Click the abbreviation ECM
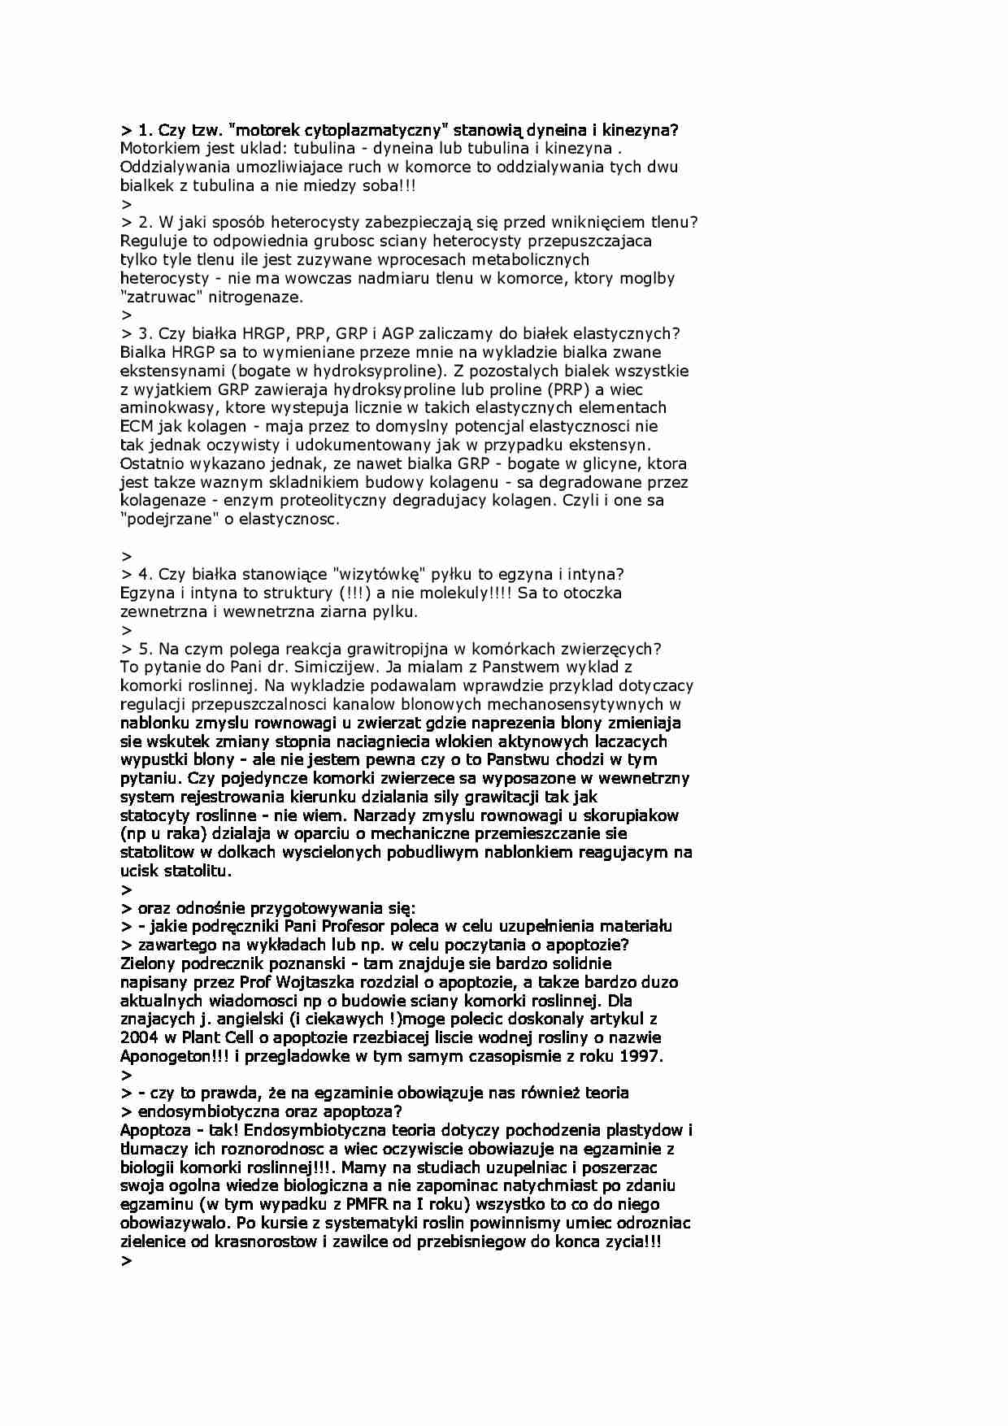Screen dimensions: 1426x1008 tap(137, 426)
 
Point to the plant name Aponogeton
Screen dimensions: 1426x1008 tap(167, 1056)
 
